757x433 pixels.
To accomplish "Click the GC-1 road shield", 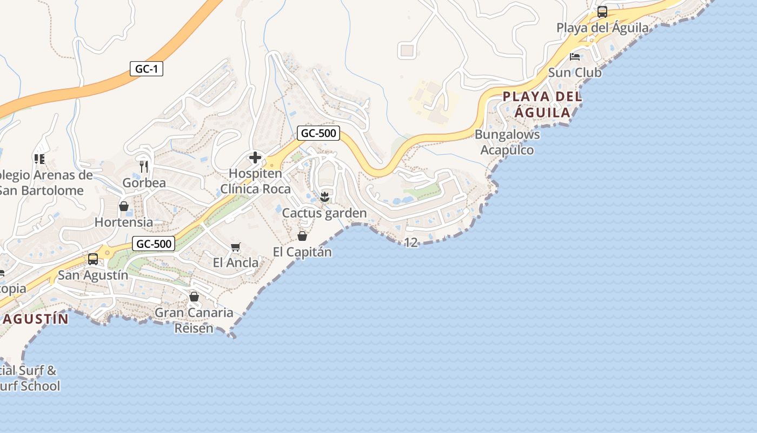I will (x=146, y=69).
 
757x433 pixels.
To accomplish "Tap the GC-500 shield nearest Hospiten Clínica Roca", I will (x=318, y=133).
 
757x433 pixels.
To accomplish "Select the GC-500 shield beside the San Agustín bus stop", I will (x=154, y=244).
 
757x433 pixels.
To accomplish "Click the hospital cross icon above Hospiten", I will (x=255, y=158).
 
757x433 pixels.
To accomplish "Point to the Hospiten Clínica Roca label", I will (x=255, y=181).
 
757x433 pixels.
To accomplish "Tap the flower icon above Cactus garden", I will (x=324, y=197).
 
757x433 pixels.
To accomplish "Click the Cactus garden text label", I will (x=324, y=213).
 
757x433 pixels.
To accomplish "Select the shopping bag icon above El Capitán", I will (x=302, y=236).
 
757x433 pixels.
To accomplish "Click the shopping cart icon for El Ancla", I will (x=235, y=247).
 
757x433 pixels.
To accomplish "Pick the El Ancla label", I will (x=235, y=263).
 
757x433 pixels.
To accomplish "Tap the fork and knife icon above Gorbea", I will (x=144, y=166).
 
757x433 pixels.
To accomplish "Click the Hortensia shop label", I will (x=123, y=222).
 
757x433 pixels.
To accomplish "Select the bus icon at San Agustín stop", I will (x=93, y=259).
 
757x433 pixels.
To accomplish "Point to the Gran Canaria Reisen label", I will (x=194, y=320).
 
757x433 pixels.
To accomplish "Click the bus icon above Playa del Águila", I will (x=602, y=11).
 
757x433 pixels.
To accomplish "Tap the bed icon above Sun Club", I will (x=574, y=56).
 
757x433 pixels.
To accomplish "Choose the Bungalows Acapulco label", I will (x=507, y=142).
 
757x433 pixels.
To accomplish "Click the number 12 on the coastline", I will (x=411, y=242).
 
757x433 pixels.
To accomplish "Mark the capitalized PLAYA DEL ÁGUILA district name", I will (x=542, y=104).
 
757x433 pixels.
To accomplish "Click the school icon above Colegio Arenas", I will (x=39, y=159).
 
